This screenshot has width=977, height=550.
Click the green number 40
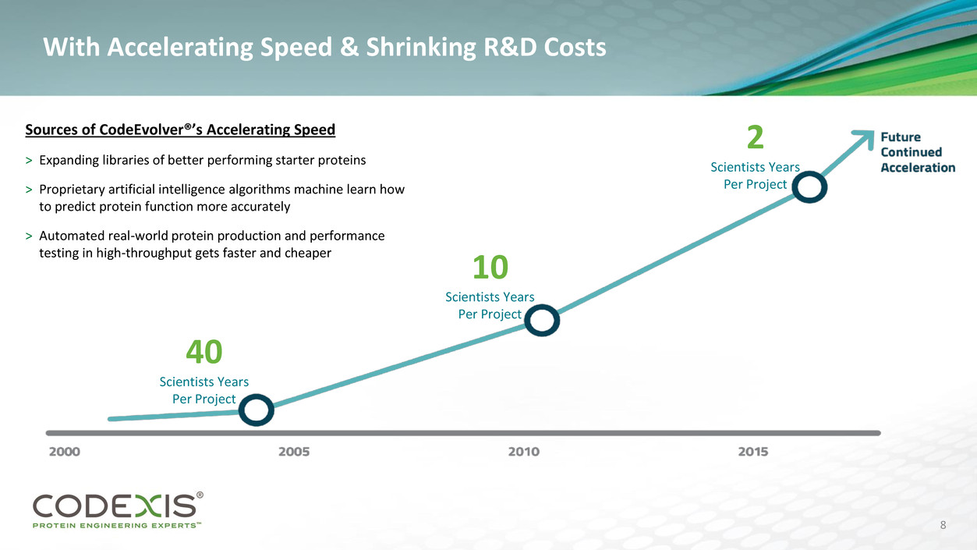point(204,353)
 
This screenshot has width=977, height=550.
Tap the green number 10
point(490,268)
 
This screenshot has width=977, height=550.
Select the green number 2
point(755,139)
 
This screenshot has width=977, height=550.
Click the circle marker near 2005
point(256,410)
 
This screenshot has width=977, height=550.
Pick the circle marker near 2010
point(542,321)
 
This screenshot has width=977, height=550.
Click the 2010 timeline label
point(524,452)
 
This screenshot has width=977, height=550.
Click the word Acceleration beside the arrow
point(918,167)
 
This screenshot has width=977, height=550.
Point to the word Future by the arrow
point(901,137)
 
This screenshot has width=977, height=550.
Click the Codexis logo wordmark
point(115,507)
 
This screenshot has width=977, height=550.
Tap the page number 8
point(943,525)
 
